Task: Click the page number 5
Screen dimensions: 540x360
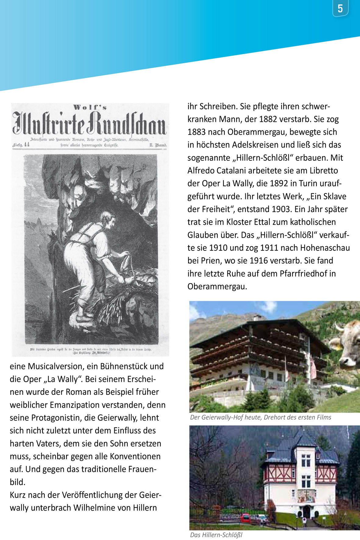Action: click(340, 9)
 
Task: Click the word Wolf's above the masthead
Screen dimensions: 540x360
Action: click(90, 107)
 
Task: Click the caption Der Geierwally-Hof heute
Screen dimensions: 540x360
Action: click(226, 417)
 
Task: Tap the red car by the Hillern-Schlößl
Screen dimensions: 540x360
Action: click(245, 518)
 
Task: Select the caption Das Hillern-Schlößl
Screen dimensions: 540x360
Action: click(216, 535)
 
